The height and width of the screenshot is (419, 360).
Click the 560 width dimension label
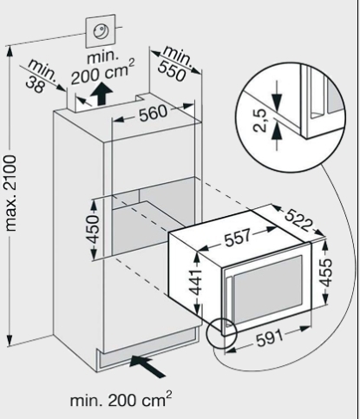tap(153, 113)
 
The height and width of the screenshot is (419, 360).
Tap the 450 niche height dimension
tap(94, 229)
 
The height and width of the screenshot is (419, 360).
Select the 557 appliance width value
tap(238, 237)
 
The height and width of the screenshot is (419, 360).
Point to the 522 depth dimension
tap(298, 220)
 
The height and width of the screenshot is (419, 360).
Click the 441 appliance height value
tap(198, 282)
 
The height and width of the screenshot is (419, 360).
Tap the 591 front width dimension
tap(270, 337)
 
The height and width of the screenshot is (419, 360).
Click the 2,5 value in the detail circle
tap(259, 120)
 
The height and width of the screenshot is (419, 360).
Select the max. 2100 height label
tap(11, 193)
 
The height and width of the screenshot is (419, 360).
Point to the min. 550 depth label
tap(174, 65)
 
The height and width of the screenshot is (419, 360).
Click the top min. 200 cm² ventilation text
tap(102, 69)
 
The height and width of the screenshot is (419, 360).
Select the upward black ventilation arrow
tap(101, 94)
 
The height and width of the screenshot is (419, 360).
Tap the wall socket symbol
tap(101, 30)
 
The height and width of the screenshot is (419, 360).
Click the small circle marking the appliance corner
tap(222, 333)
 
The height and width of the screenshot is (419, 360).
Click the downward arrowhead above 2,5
tap(277, 101)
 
